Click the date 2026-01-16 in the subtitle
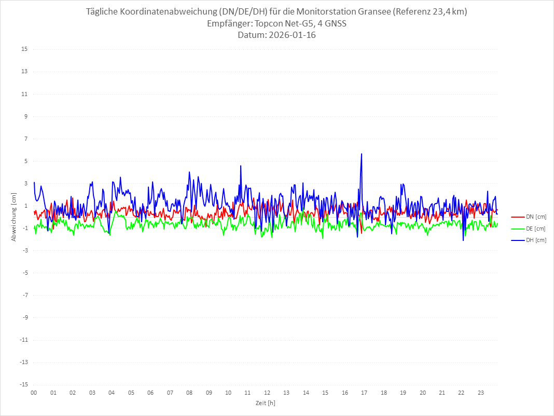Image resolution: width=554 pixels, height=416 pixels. pyautogui.click(x=292, y=35)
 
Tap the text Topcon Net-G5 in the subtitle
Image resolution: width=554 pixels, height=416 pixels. pyautogui.click(x=281, y=23)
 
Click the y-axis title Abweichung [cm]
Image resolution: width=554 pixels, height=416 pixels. pyautogui.click(x=15, y=217)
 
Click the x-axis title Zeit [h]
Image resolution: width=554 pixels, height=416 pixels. pyautogui.click(x=265, y=403)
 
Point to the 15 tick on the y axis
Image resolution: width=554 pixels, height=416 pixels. pyautogui.click(x=24, y=49)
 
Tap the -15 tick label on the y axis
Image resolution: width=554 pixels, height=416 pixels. pyautogui.click(x=23, y=385)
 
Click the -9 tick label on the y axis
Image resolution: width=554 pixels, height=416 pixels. pyautogui.click(x=24, y=317)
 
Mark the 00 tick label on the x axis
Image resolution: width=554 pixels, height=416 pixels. pyautogui.click(x=34, y=393)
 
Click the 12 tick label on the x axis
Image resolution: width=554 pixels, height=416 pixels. pyautogui.click(x=267, y=393)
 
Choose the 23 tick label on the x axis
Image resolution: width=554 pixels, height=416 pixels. pyautogui.click(x=481, y=393)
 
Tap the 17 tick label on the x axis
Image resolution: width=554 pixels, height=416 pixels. pyautogui.click(x=364, y=393)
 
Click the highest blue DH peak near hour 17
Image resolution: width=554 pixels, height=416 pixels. pyautogui.click(x=362, y=154)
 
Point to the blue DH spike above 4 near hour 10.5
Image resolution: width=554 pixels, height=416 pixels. pyautogui.click(x=241, y=166)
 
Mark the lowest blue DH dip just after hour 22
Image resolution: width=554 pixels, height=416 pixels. pyautogui.click(x=463, y=240)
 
